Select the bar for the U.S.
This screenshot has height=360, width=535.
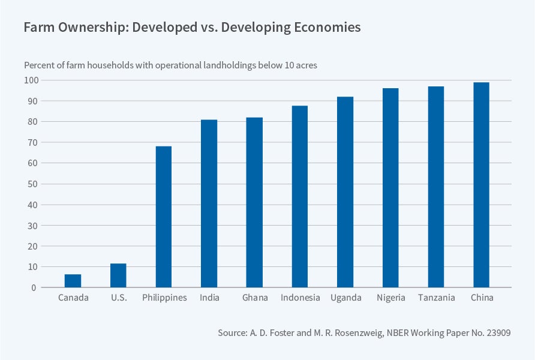[x=119, y=275]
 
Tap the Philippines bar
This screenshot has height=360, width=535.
[x=164, y=217]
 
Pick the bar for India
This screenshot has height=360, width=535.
[x=209, y=203]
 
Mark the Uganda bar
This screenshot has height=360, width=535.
[x=345, y=192]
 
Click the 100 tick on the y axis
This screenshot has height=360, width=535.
[x=31, y=80]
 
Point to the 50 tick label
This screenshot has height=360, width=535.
[x=32, y=184]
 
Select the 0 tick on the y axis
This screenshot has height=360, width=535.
[x=35, y=288]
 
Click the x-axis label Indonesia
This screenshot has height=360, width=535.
[x=300, y=298]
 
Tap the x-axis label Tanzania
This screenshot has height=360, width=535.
[x=436, y=298]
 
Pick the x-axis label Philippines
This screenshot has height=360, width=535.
[x=164, y=298]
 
